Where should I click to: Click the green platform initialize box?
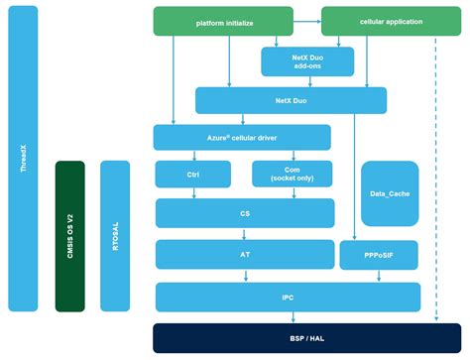(223, 20)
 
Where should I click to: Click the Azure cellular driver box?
(242, 137)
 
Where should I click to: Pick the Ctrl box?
(192, 175)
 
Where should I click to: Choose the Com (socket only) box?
(292, 175)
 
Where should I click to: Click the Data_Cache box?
(389, 194)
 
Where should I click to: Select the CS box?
(245, 213)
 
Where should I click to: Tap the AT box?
(245, 253)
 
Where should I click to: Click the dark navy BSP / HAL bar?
(287, 337)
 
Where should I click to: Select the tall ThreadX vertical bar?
(23, 164)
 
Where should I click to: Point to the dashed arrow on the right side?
(435, 179)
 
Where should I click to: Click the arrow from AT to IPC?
(245, 275)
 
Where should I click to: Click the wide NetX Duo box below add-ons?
(276, 99)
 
